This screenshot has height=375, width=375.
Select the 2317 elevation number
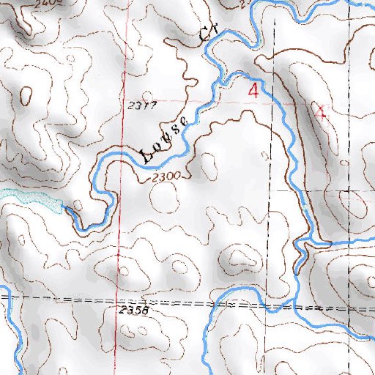(141, 105)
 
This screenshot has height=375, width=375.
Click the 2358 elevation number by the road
(133, 311)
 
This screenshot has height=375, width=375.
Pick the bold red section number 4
(254, 92)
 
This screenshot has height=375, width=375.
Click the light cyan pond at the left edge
(29, 198)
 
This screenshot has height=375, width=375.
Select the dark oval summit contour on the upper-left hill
(27, 94)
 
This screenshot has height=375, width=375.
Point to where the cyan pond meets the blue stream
(64, 209)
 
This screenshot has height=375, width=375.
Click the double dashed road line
(183, 303)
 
